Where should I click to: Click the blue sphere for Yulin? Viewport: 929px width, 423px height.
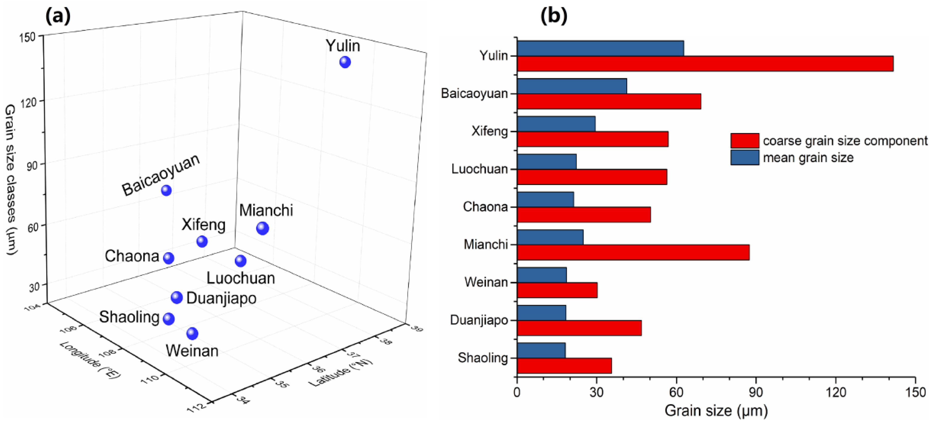click(x=345, y=62)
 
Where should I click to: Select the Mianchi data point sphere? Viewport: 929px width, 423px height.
click(x=263, y=228)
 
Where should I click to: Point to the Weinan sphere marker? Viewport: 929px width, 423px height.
click(x=192, y=333)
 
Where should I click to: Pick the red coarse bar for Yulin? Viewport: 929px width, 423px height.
click(x=705, y=64)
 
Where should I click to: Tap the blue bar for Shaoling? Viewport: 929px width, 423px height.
click(x=541, y=350)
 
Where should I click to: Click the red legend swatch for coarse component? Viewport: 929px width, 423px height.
click(x=744, y=141)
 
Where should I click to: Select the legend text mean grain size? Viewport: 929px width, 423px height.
click(x=808, y=158)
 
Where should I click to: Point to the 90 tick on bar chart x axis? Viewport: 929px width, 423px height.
click(x=756, y=392)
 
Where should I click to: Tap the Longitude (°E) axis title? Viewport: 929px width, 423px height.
click(x=90, y=359)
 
